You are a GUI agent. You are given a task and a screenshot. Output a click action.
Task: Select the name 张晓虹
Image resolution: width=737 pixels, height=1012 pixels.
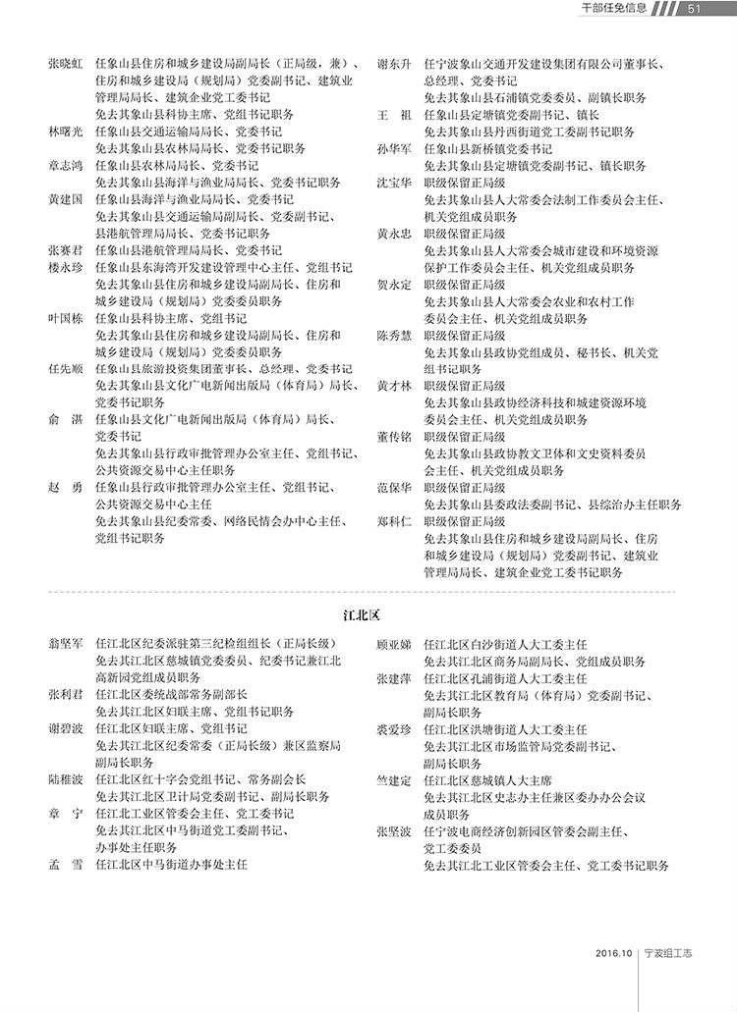pos(65,64)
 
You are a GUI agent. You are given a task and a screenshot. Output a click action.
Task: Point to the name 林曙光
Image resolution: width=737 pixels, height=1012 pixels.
pos(65,131)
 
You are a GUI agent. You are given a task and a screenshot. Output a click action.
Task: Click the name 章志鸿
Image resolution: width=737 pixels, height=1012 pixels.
pos(65,165)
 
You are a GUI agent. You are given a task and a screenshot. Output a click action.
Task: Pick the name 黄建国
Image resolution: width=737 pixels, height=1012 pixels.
pos(65,198)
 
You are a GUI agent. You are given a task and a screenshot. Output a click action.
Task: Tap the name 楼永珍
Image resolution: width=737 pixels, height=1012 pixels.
pos(65,267)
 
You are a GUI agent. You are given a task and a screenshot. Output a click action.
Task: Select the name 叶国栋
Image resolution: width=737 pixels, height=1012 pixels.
pos(65,317)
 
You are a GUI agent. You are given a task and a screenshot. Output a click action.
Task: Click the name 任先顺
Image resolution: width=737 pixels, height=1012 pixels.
pos(65,368)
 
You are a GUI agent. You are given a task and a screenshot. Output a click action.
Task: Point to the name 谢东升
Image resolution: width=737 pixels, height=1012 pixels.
pos(394,64)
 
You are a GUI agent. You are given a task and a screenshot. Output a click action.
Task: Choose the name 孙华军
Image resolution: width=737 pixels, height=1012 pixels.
pos(394,148)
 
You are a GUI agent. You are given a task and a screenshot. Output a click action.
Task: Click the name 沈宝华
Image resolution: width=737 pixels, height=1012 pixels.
pos(394,182)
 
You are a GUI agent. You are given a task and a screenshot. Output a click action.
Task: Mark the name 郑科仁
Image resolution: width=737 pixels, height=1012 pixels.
pos(394,520)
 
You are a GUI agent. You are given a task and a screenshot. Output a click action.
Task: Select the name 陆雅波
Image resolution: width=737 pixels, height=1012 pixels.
pos(65,779)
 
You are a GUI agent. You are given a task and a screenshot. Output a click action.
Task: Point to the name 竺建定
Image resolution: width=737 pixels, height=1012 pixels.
pos(394,779)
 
